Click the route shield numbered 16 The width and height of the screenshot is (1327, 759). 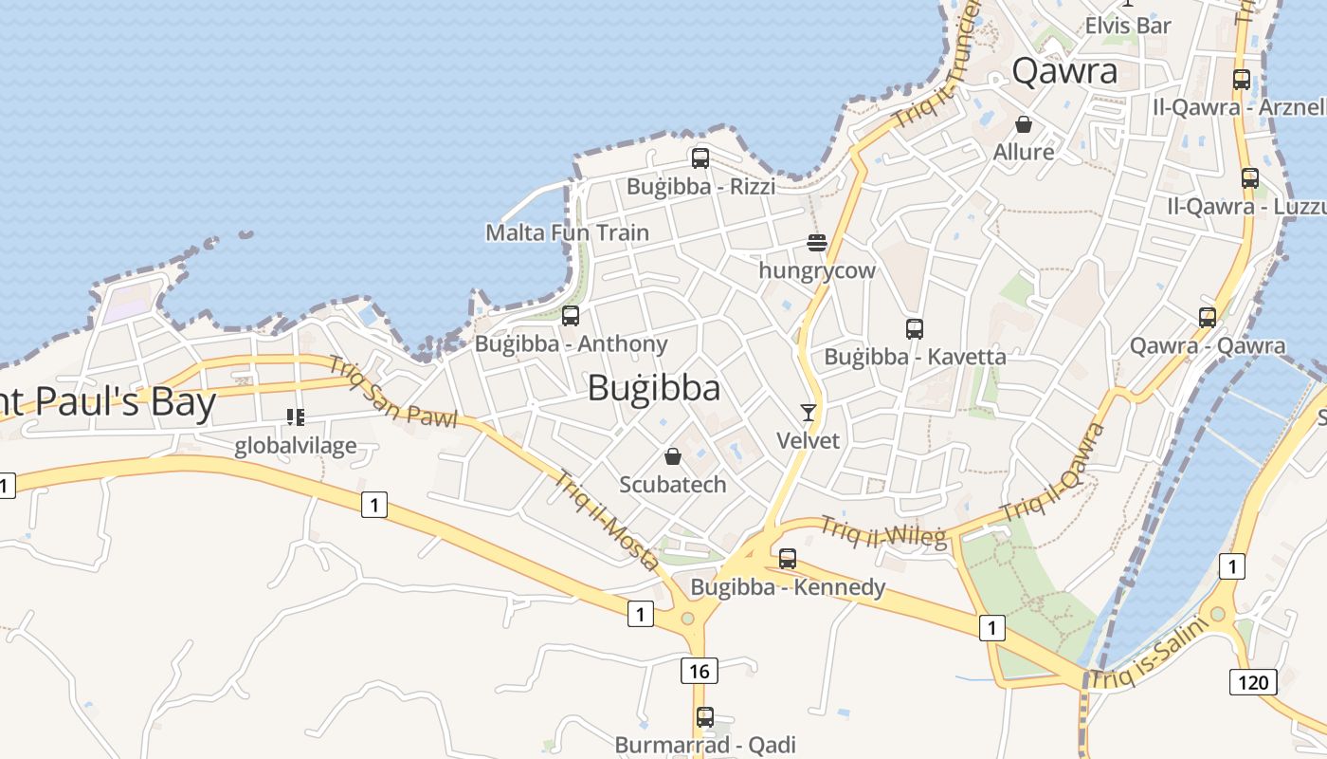click(x=699, y=672)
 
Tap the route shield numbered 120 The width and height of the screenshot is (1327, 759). click(x=1253, y=681)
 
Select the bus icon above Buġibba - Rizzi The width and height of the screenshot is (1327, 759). click(x=700, y=158)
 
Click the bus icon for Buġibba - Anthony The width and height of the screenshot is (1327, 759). click(x=571, y=316)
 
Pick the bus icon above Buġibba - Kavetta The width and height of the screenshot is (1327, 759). click(x=915, y=329)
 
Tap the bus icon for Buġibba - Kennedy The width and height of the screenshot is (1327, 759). click(x=788, y=559)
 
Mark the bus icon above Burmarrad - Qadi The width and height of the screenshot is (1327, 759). click(x=704, y=717)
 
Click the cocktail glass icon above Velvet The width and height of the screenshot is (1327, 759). click(x=809, y=412)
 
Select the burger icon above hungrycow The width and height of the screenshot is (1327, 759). click(x=817, y=243)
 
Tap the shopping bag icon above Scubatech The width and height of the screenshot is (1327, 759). click(x=673, y=456)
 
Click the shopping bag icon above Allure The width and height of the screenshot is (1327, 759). click(x=1024, y=124)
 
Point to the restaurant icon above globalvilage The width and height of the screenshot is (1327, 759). click(x=296, y=417)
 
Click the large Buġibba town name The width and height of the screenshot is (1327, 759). click(x=654, y=388)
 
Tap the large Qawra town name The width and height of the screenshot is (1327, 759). click(x=1064, y=71)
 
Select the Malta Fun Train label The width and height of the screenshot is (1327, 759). click(x=568, y=232)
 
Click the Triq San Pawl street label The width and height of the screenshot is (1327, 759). click(x=392, y=392)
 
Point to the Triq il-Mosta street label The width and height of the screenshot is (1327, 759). click(x=607, y=521)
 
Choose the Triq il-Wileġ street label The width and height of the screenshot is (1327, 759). click(x=883, y=533)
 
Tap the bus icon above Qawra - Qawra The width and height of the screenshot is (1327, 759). click(x=1208, y=317)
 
